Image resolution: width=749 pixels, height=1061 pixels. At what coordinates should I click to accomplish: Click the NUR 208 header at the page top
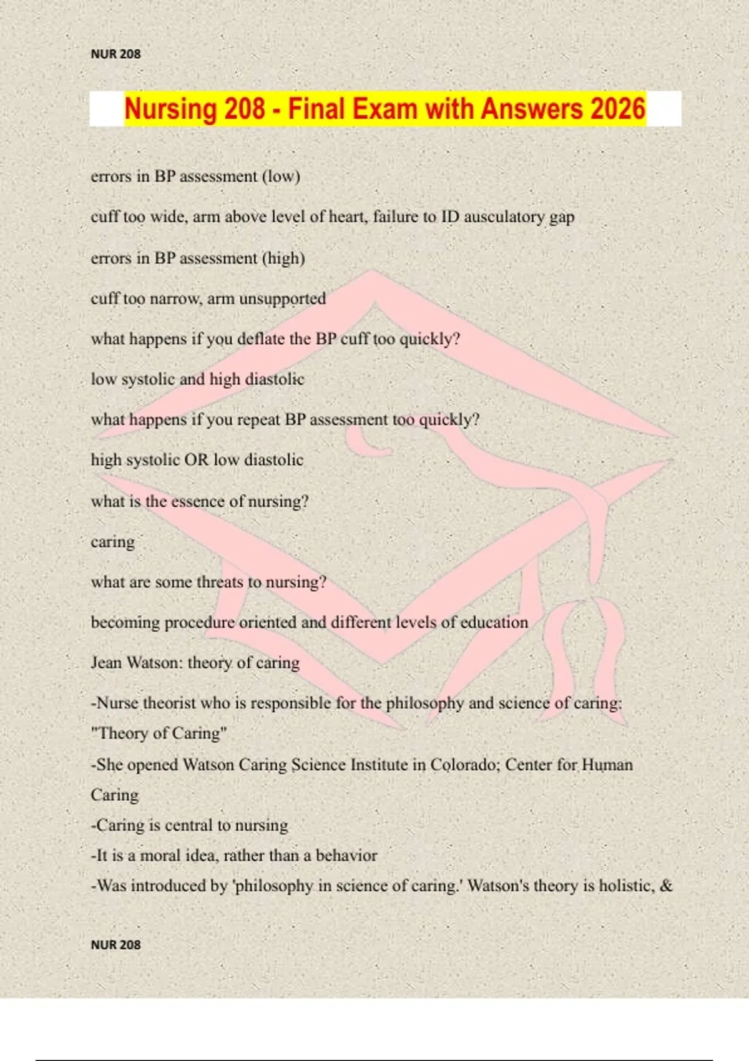(115, 54)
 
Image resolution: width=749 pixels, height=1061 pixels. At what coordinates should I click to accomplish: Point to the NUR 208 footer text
(115, 945)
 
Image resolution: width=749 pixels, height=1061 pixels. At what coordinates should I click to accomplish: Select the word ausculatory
(504, 217)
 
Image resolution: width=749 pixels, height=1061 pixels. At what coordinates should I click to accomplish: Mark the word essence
(197, 501)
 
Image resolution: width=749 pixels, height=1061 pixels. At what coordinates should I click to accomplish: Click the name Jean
(106, 663)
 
